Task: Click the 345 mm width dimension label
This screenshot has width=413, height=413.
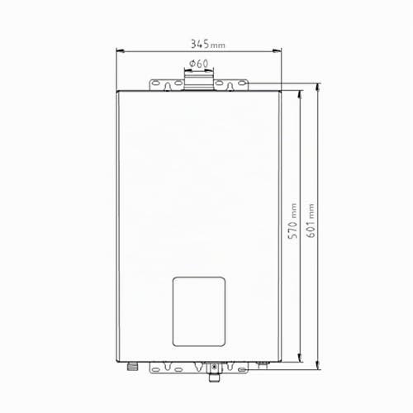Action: point(208,44)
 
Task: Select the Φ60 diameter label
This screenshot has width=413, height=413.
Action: point(198,64)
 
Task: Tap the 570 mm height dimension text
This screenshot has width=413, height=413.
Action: point(292,221)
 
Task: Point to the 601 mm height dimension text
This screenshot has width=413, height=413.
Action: point(311,221)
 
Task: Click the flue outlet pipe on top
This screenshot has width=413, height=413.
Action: point(198,80)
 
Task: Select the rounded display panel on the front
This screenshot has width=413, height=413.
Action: point(199,311)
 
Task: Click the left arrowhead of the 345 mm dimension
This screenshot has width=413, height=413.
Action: point(121,51)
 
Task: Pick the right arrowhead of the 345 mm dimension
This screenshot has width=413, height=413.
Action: point(277,51)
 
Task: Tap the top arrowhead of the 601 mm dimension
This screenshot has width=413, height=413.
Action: point(318,88)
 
